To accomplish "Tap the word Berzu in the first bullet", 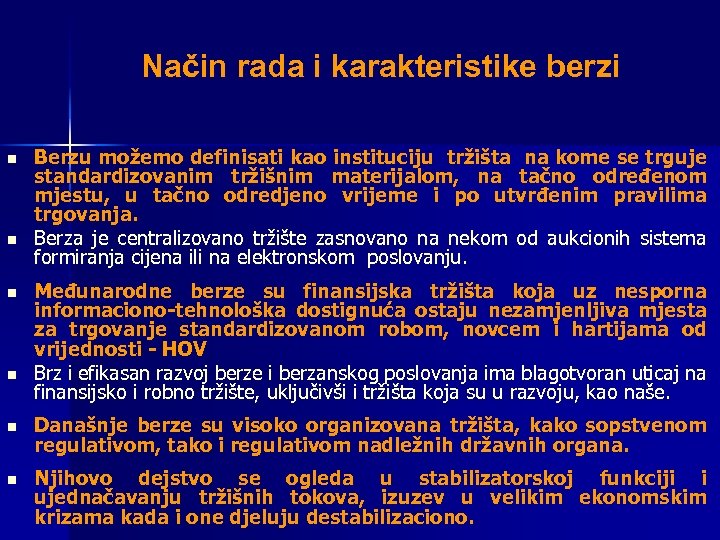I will click(x=61, y=157).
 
